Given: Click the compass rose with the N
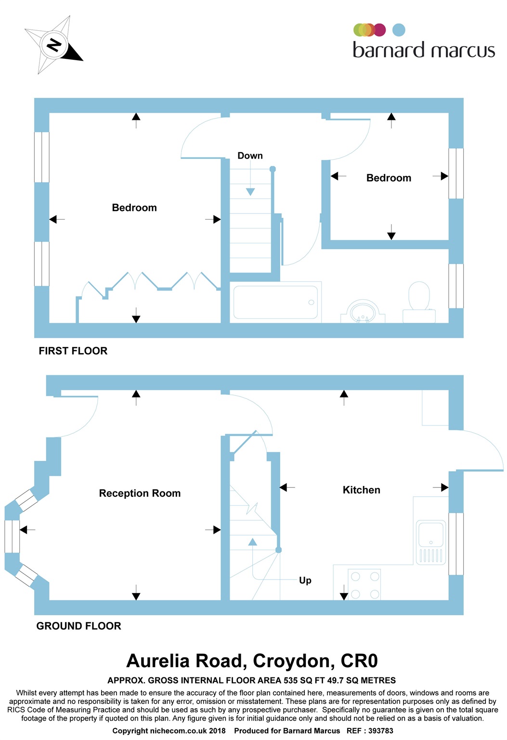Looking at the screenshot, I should coord(53,45).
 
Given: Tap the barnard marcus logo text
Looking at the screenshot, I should coord(424,50).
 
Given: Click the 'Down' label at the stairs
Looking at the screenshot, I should coord(250,156).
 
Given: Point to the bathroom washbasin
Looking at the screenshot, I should coord(363,311).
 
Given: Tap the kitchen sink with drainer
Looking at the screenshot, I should coord(431,542).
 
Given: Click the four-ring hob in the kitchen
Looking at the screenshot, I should coord(365,585).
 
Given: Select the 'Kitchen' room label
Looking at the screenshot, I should coord(361,490).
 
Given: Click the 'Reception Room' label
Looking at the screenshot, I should coord(140,493).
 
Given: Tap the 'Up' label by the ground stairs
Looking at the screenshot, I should coord(305,580).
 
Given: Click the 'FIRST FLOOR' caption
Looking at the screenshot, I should coord(73,351).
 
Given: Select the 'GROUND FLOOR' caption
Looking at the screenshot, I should coord(78,626).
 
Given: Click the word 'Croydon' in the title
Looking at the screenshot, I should coord(293,661).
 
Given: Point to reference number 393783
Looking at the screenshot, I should coord(380,731).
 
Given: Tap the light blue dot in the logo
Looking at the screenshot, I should coord(399,30).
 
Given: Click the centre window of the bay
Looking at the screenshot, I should coord(12,536).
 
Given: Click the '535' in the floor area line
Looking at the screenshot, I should coord(291,680).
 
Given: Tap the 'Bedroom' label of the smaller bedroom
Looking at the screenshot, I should coord(389,178).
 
